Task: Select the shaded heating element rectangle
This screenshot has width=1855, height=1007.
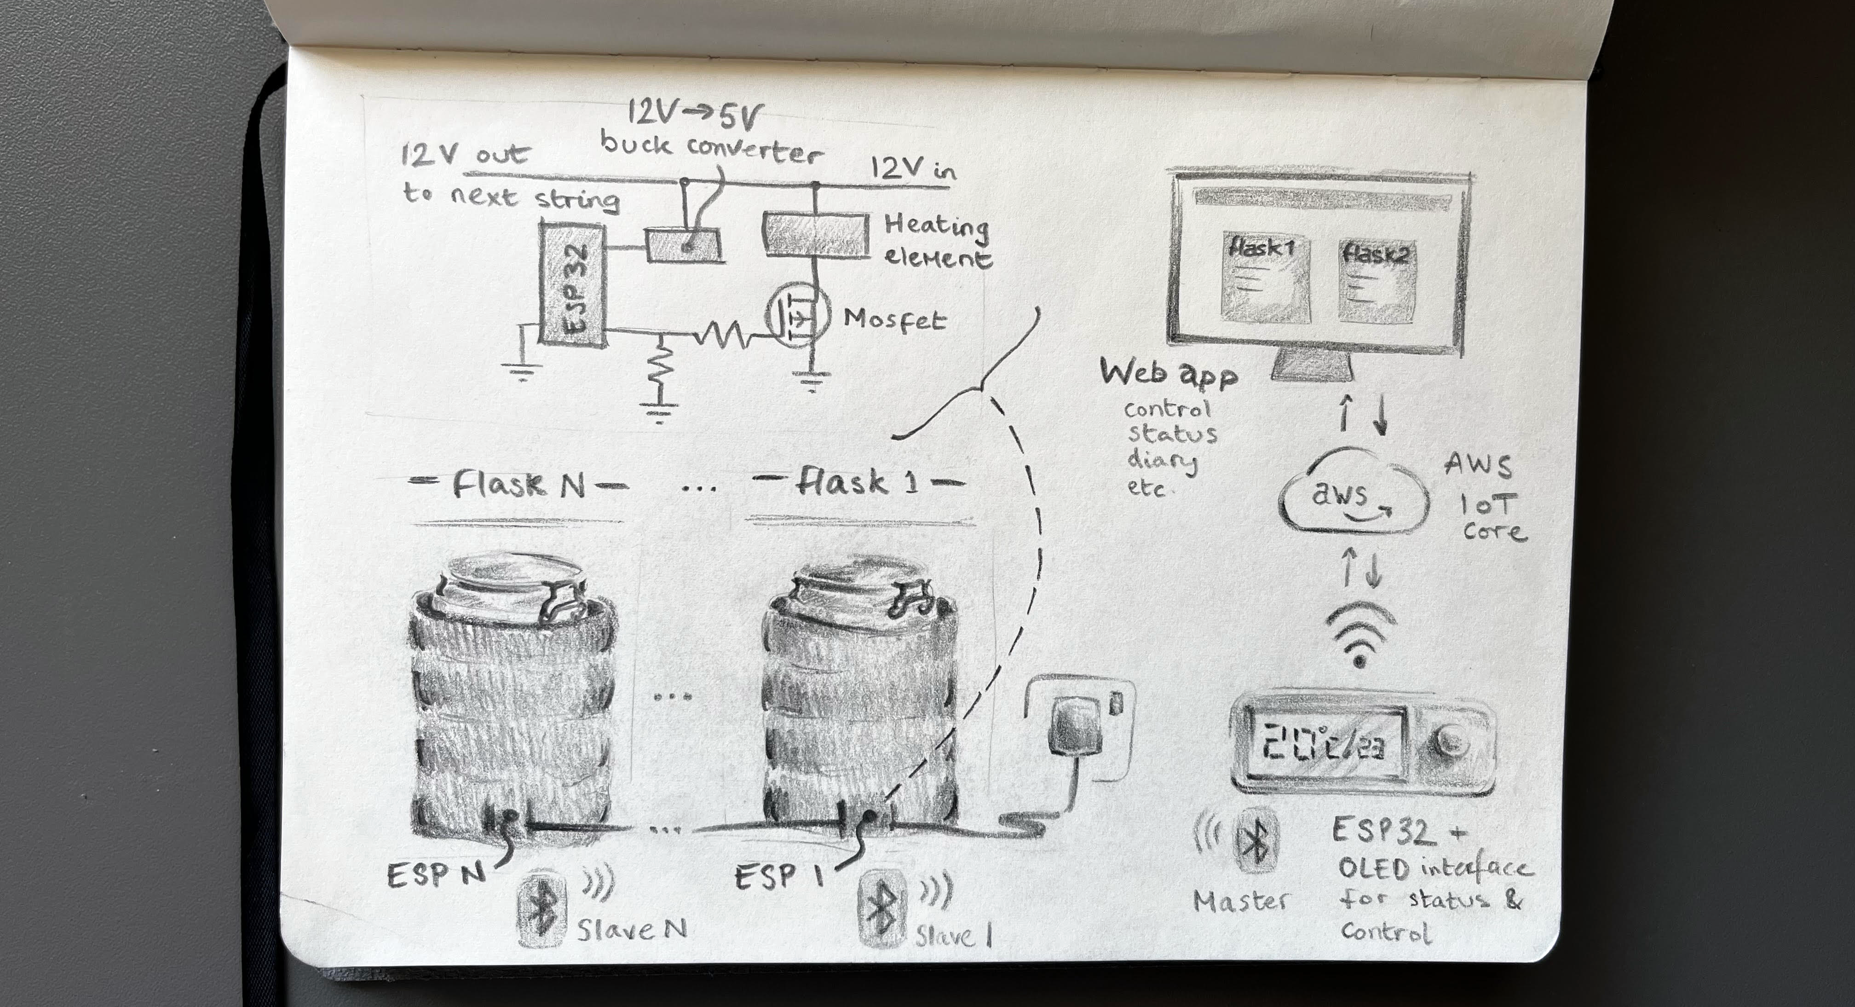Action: (815, 235)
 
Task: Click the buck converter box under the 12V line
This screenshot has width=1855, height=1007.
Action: (682, 245)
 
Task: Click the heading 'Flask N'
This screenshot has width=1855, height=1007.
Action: (518, 485)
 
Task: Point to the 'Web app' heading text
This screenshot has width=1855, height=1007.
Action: (1167, 374)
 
